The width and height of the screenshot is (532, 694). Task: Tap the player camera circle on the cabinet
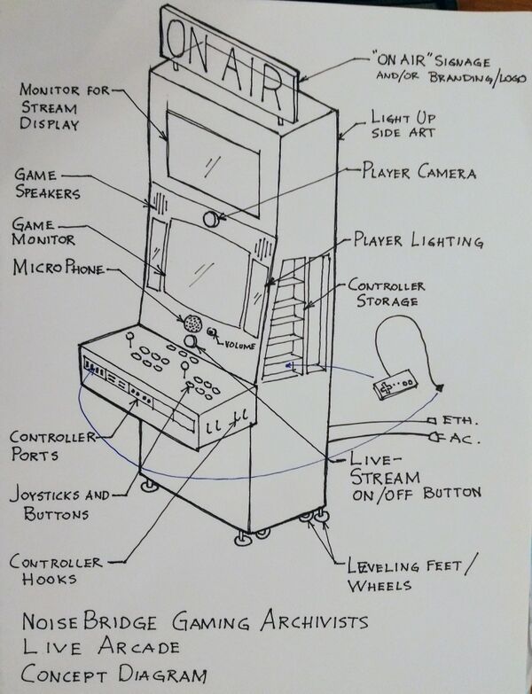tap(212, 218)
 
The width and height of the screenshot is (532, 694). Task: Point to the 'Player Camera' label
tap(418, 171)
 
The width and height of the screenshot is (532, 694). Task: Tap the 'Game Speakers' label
tap(49, 184)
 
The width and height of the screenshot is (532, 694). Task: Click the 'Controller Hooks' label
tap(55, 571)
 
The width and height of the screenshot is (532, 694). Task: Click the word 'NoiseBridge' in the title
tap(92, 622)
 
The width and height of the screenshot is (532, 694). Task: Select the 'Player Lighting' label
tap(418, 241)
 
